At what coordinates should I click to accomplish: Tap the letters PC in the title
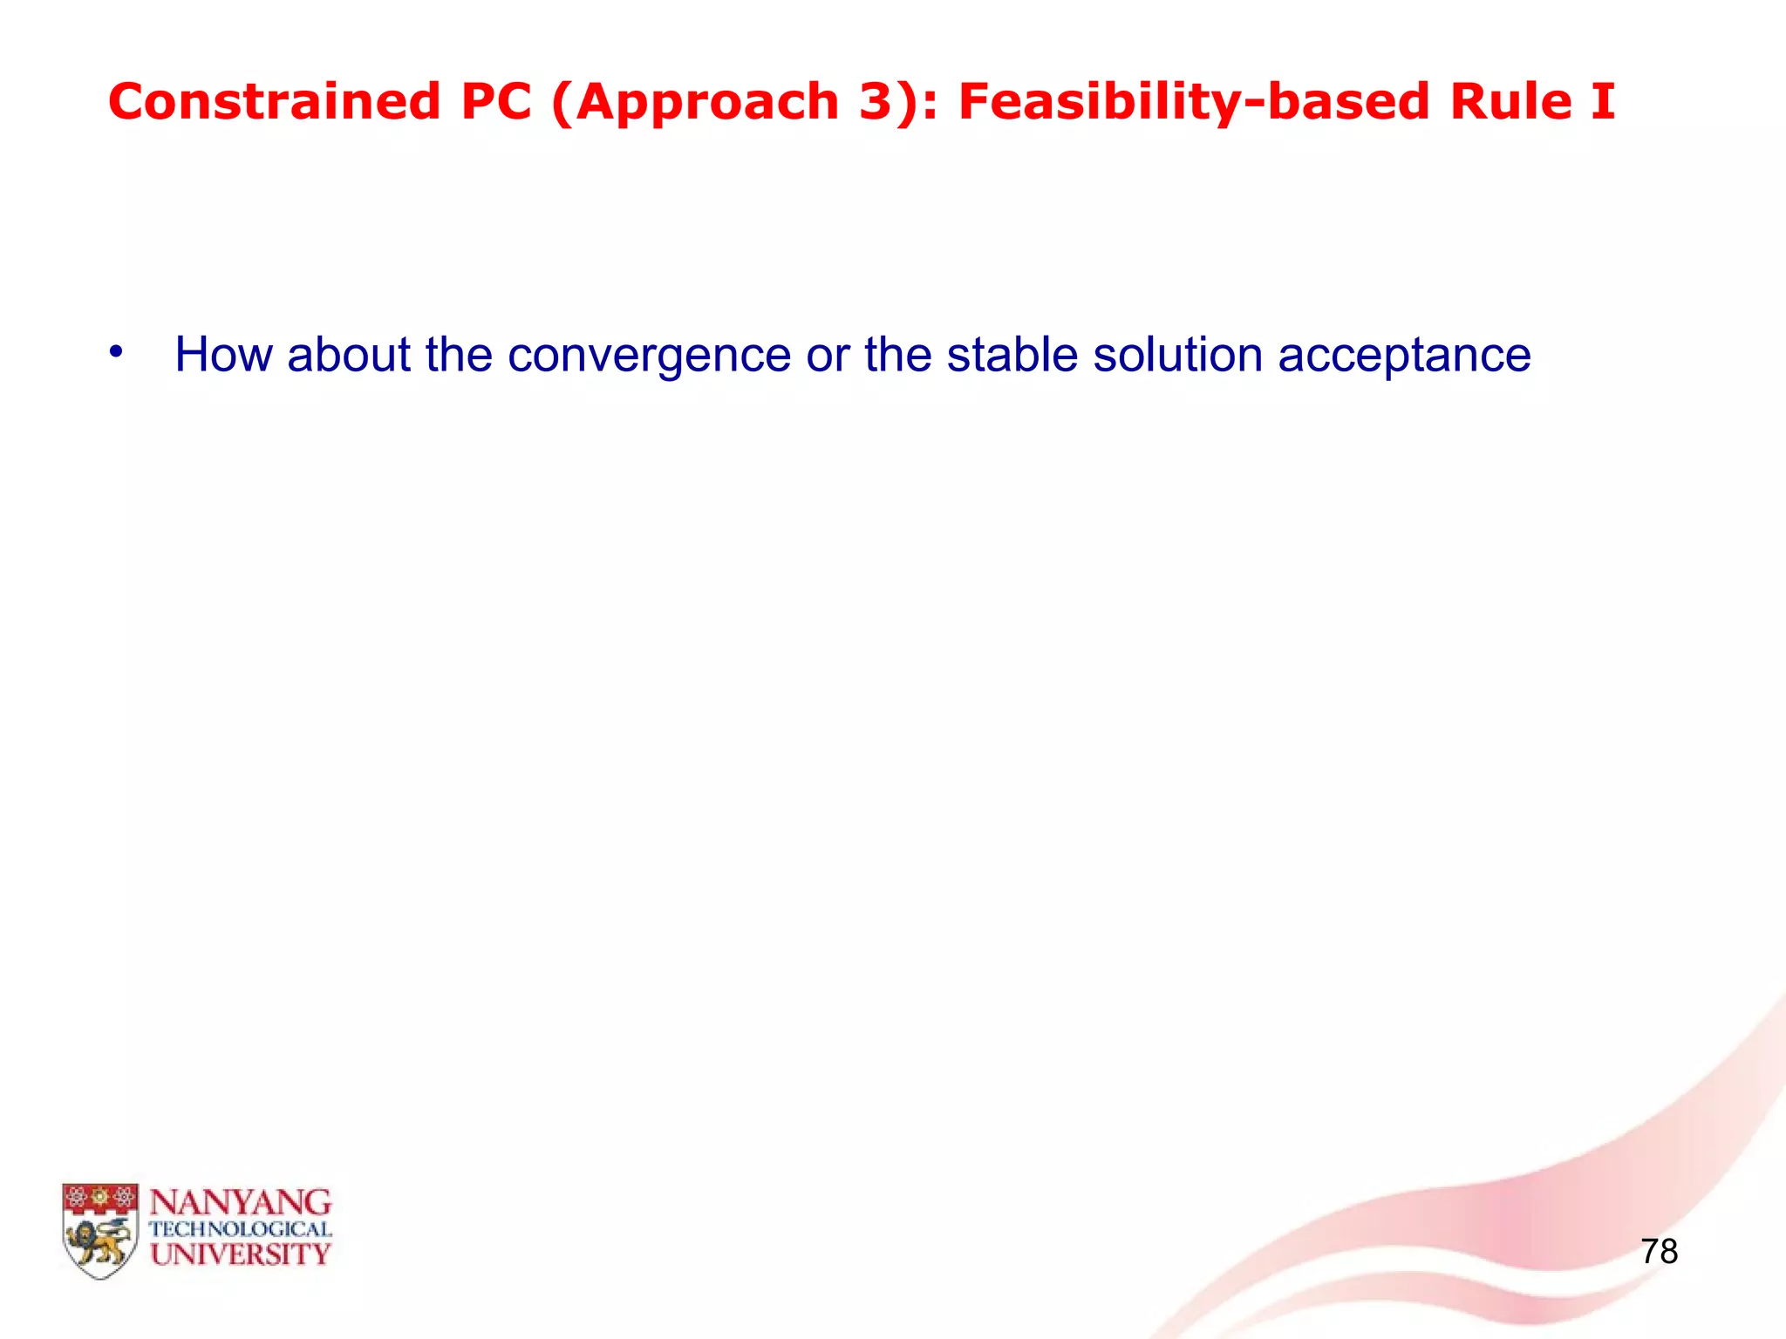[495, 102]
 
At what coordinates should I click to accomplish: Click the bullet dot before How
[116, 352]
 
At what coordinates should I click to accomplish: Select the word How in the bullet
[223, 355]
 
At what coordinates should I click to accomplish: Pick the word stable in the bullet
[1012, 355]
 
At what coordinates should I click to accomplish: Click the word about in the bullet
[348, 355]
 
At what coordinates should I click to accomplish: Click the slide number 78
[1659, 1252]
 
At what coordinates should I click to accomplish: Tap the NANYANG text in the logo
[241, 1203]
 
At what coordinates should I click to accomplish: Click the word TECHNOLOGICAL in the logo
[241, 1229]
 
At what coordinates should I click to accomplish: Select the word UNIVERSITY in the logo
[241, 1254]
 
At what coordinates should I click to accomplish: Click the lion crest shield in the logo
[99, 1229]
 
